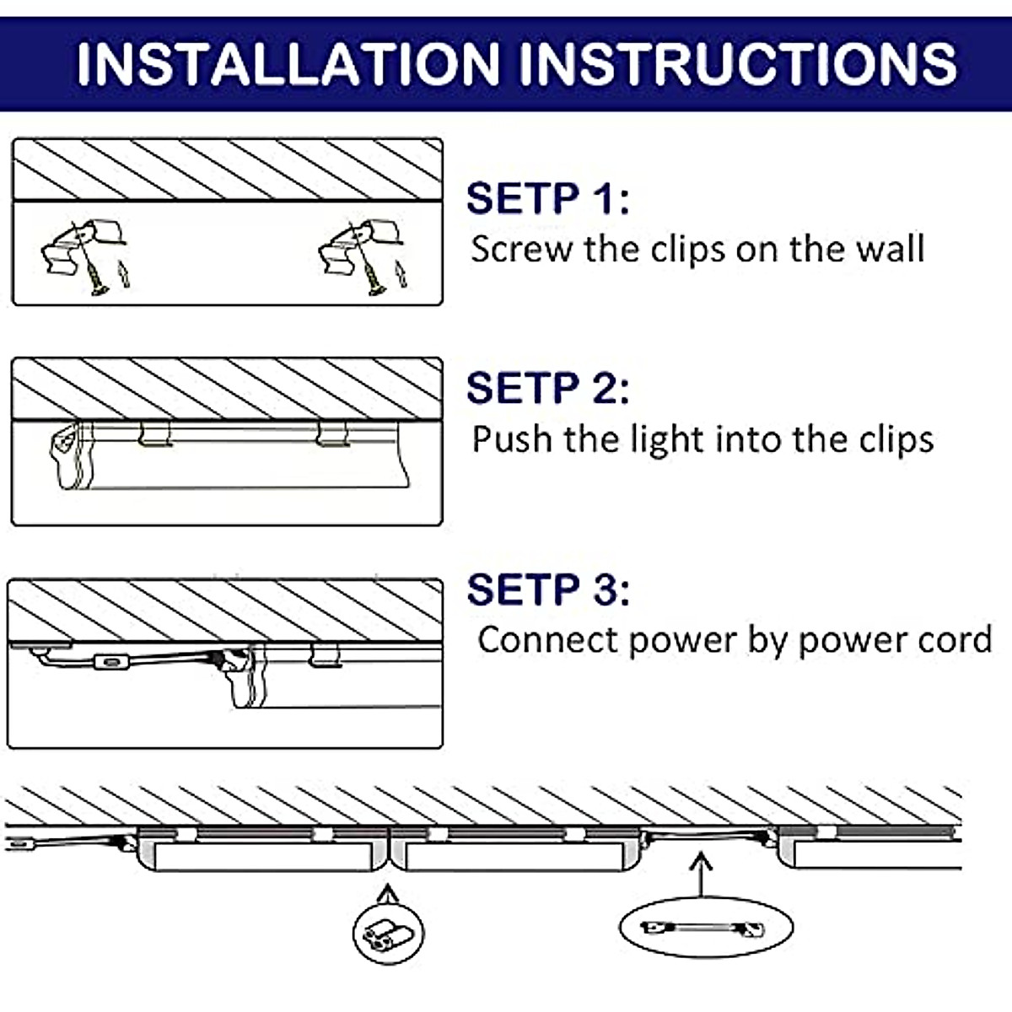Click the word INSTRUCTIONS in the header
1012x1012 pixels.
[737, 63]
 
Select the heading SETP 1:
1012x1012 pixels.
[547, 199]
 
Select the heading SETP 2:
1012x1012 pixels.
[547, 389]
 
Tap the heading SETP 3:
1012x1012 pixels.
[547, 589]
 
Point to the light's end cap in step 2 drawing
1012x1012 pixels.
[66, 455]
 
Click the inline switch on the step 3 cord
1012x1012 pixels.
[108, 662]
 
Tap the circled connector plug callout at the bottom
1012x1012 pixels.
[388, 933]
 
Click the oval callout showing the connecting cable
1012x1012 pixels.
[705, 928]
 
